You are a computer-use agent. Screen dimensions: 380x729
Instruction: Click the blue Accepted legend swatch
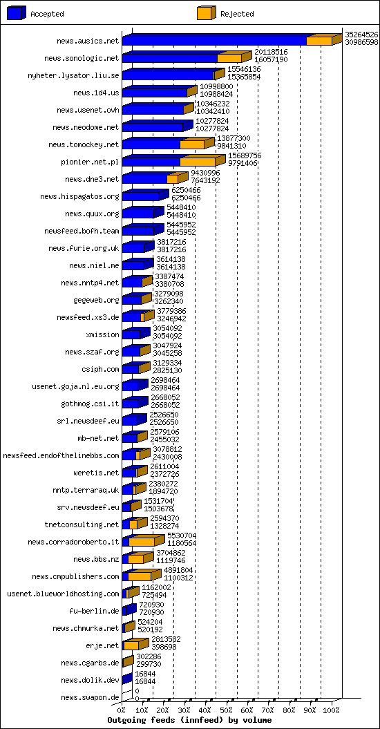17,13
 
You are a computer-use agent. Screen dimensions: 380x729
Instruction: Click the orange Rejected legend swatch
207,13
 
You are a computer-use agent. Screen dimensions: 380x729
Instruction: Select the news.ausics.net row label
88,41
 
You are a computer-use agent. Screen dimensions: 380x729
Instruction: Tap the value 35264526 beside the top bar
361,35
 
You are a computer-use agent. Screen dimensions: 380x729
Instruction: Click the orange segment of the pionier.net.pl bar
198,162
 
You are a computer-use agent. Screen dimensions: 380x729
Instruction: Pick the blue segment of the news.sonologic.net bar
170,58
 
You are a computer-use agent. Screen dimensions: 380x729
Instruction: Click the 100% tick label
332,711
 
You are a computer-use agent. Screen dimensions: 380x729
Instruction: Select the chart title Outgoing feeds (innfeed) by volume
189,720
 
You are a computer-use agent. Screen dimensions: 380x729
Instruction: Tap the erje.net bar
135,644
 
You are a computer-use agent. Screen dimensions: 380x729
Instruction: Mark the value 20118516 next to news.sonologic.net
271,53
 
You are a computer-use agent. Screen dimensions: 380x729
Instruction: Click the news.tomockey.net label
84,144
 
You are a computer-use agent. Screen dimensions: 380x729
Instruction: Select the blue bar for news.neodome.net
153,127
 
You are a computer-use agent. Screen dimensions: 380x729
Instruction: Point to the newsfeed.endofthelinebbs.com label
61,455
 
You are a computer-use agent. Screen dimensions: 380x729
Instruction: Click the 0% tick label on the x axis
121,711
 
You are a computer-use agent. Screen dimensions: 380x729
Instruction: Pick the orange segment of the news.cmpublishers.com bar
140,576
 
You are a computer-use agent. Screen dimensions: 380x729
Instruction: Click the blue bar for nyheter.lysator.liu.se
168,75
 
